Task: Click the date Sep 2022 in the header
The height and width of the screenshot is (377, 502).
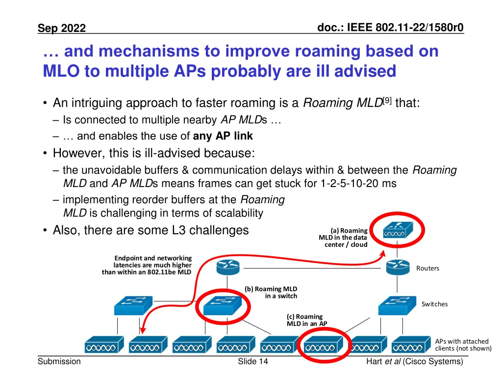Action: (x=62, y=28)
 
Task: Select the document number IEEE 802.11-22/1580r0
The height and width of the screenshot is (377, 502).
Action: (x=390, y=27)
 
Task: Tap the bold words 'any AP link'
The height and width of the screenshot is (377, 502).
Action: (x=223, y=136)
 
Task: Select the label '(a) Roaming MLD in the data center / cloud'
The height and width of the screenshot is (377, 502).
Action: (x=343, y=237)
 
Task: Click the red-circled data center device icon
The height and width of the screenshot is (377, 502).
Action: (x=398, y=231)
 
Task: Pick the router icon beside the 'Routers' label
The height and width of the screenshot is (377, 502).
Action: (x=398, y=268)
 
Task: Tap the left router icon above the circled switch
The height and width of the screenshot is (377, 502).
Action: (x=228, y=268)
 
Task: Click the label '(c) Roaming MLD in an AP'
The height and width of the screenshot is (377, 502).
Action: (x=306, y=320)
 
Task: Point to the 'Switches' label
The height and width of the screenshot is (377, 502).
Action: (x=434, y=304)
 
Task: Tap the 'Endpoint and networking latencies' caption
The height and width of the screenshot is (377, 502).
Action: (x=147, y=265)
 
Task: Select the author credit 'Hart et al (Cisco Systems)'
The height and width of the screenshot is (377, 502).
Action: (x=414, y=362)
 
